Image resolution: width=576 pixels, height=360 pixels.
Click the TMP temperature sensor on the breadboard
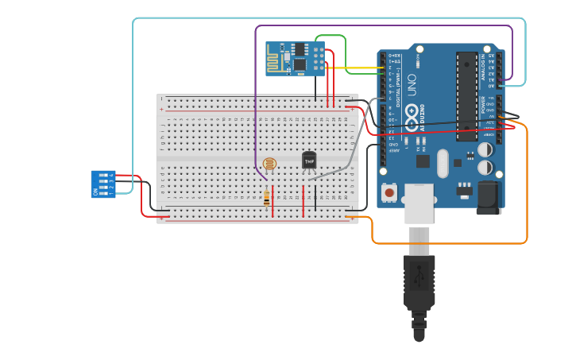[309, 160]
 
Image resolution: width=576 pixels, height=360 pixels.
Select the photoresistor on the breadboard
[269, 165]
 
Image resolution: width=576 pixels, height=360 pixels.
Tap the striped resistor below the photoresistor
[266, 196]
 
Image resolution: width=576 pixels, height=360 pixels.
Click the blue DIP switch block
[102, 184]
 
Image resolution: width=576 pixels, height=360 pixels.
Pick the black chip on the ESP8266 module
[300, 63]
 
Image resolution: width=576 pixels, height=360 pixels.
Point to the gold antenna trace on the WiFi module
[277, 60]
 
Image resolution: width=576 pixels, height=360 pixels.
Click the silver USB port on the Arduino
[419, 203]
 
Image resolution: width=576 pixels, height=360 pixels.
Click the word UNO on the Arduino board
[412, 88]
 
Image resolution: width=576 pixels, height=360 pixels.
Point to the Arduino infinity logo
[412, 120]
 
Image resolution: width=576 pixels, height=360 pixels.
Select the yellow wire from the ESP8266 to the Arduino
[358, 68]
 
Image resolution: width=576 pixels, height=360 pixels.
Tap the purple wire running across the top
[381, 25]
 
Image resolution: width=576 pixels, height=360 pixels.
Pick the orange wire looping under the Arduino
[445, 242]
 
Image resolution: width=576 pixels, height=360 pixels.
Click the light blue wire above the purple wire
[318, 18]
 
